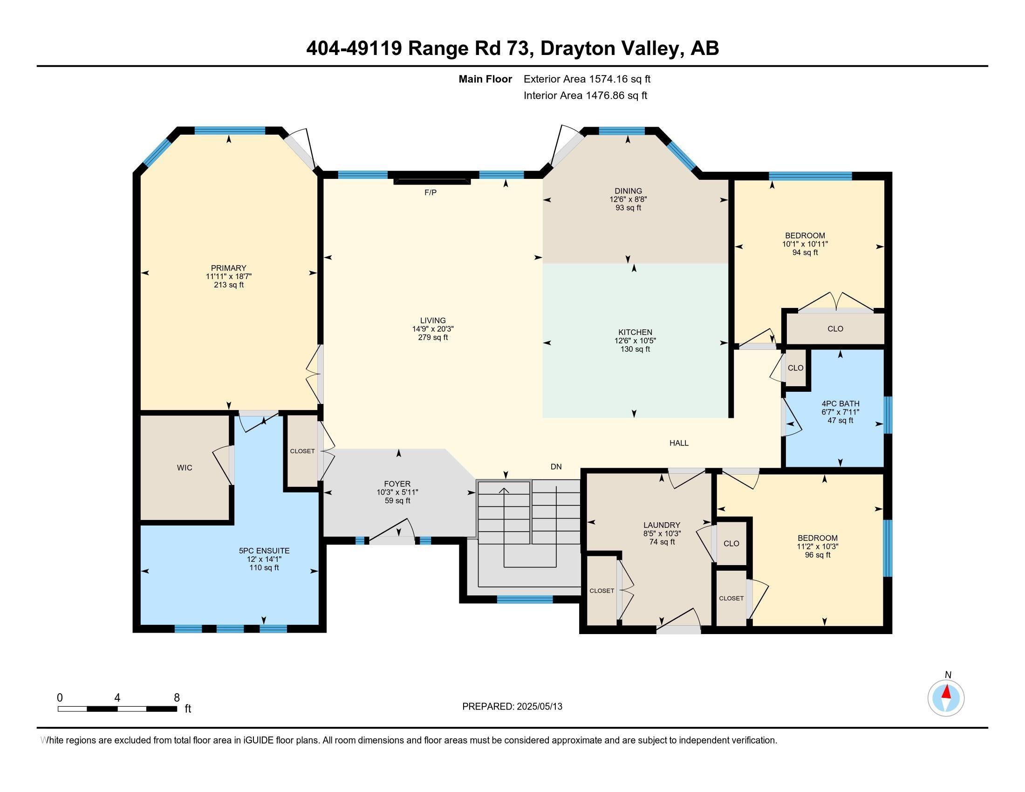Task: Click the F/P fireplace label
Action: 430,192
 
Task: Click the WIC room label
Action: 184,468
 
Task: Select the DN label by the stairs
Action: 556,467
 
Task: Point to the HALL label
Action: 679,443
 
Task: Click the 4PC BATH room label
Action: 840,403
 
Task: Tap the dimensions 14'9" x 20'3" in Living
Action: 433,329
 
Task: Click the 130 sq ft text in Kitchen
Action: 635,349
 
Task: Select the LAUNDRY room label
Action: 662,525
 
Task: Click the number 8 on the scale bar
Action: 177,698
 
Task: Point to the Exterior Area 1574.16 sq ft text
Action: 587,79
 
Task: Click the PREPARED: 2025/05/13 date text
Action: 512,707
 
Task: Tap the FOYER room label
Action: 397,484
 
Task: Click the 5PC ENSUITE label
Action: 264,551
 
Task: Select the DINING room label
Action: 628,191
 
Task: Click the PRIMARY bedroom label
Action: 229,268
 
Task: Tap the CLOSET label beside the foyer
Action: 302,451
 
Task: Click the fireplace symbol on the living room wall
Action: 431,181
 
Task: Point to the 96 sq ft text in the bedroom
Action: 817,555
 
